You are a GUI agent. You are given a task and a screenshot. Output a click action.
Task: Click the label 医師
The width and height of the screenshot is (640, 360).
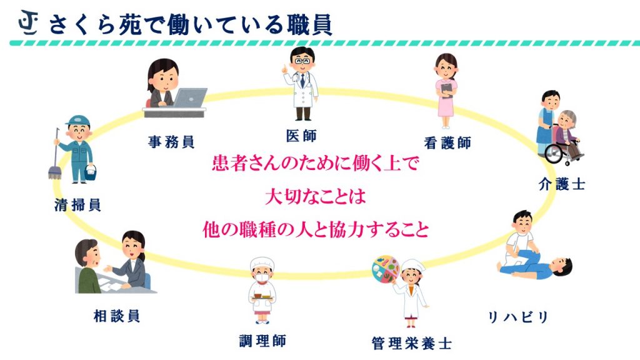coord(301,136)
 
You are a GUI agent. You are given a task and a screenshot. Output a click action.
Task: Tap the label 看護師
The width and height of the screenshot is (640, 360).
coord(447,143)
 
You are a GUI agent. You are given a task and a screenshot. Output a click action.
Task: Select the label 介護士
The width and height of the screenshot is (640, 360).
coord(562,184)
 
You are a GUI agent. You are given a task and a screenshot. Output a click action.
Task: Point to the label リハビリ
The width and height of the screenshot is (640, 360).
coord(518,317)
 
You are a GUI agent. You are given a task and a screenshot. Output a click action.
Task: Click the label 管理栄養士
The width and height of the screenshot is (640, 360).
coord(412,343)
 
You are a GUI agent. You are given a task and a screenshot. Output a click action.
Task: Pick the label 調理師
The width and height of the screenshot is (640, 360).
coord(262,341)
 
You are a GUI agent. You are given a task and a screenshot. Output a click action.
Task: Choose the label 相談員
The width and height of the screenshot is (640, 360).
coord(117,316)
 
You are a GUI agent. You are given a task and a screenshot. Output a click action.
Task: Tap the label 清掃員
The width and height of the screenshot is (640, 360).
coord(77,204)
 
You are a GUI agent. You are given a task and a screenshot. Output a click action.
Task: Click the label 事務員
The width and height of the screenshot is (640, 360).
coord(171,142)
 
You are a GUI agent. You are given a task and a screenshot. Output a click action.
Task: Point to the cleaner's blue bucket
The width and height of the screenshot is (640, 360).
coord(90,172)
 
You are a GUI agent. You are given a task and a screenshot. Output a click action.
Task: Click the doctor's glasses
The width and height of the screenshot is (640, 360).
coord(302,61)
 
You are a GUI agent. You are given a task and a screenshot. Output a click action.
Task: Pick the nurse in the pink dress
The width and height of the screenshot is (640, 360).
coord(446,91)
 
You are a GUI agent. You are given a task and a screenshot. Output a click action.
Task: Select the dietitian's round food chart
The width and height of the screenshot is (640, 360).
coord(386,269)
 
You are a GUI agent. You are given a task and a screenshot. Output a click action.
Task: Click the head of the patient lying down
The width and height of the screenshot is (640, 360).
coord(562,267)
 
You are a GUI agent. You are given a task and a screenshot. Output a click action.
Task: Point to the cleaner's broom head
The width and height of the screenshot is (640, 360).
coord(54,172)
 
